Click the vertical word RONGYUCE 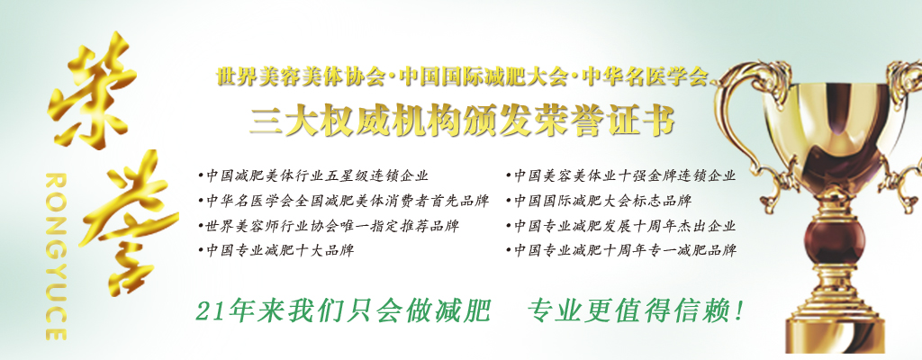(56, 256)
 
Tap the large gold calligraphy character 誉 (130, 222)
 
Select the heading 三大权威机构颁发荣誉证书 (462, 120)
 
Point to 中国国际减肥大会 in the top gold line (483, 77)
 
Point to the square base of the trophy (835, 337)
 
